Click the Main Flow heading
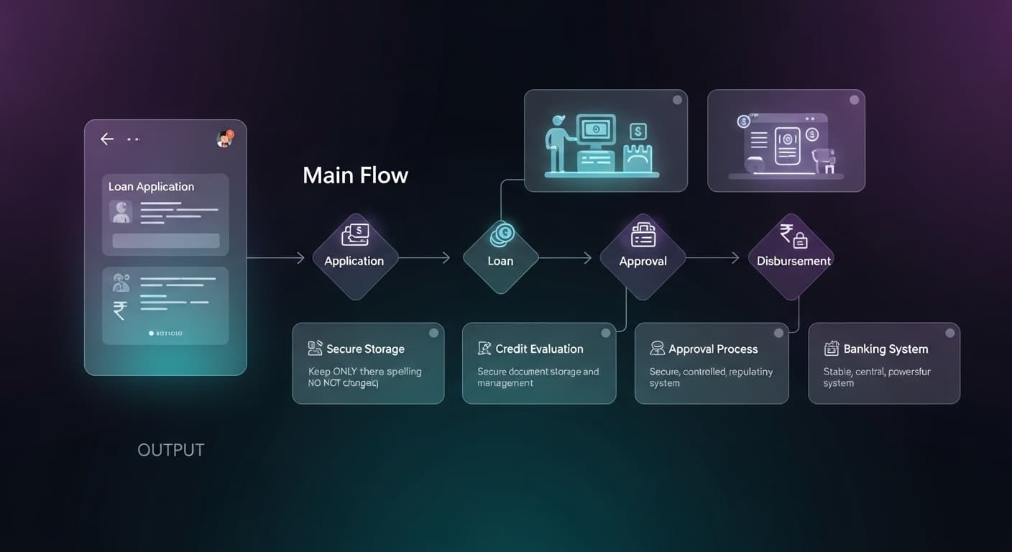(355, 175)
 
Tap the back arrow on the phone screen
(107, 139)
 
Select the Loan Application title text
(151, 187)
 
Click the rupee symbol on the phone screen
(120, 310)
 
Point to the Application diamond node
(354, 257)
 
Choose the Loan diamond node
(500, 257)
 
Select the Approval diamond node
(643, 257)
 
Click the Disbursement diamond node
(793, 257)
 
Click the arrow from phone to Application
(277, 258)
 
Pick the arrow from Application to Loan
(425, 258)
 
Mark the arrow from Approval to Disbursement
(713, 258)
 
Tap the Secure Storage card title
(365, 349)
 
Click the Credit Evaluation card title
(539, 349)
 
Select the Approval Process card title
(713, 349)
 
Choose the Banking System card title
(885, 349)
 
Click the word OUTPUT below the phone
(171, 451)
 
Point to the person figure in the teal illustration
(558, 147)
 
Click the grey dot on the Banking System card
(949, 333)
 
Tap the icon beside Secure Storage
(315, 349)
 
